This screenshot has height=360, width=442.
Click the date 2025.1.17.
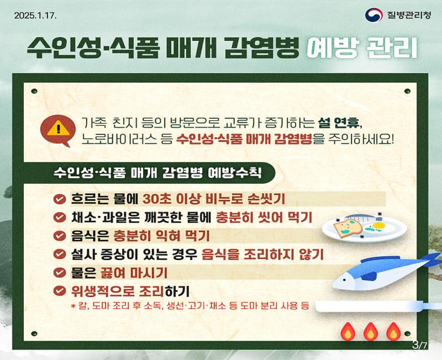(x=35, y=15)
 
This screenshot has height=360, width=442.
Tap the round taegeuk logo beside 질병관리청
(x=373, y=15)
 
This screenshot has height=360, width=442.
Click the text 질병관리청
(x=409, y=15)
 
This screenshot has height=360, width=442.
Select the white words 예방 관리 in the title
(x=362, y=48)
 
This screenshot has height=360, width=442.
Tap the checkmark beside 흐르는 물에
(x=60, y=199)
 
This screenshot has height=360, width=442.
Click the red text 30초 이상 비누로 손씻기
(x=214, y=199)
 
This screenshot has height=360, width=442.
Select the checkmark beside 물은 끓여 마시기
(x=60, y=272)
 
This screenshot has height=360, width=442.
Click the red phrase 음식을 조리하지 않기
(x=262, y=255)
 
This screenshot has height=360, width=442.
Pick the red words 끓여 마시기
(x=134, y=273)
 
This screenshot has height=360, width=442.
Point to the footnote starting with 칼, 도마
(x=190, y=306)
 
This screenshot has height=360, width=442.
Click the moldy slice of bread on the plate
(x=348, y=228)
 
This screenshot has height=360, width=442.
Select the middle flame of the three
(x=371, y=332)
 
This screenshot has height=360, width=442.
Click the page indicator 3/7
(x=420, y=345)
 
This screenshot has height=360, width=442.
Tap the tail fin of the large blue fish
(x=433, y=260)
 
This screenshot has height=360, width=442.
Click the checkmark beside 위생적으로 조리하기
(x=60, y=290)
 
